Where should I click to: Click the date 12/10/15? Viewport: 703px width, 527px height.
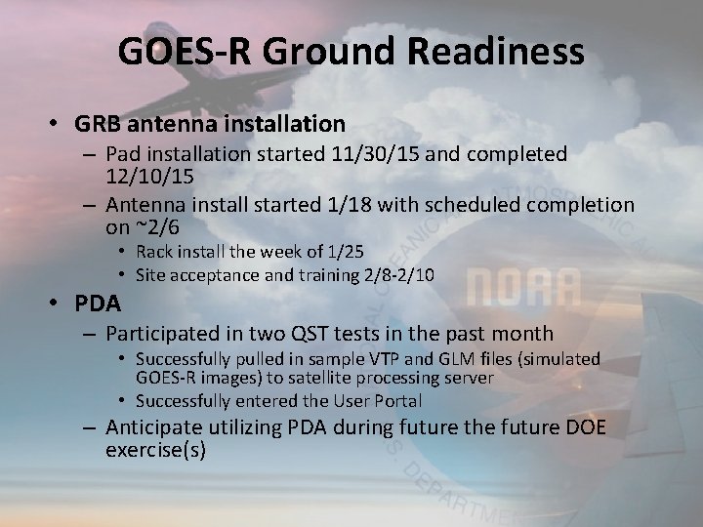point(149,177)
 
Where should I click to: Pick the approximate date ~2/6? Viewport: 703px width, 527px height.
point(157,227)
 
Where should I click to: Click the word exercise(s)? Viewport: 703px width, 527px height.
point(155,449)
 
